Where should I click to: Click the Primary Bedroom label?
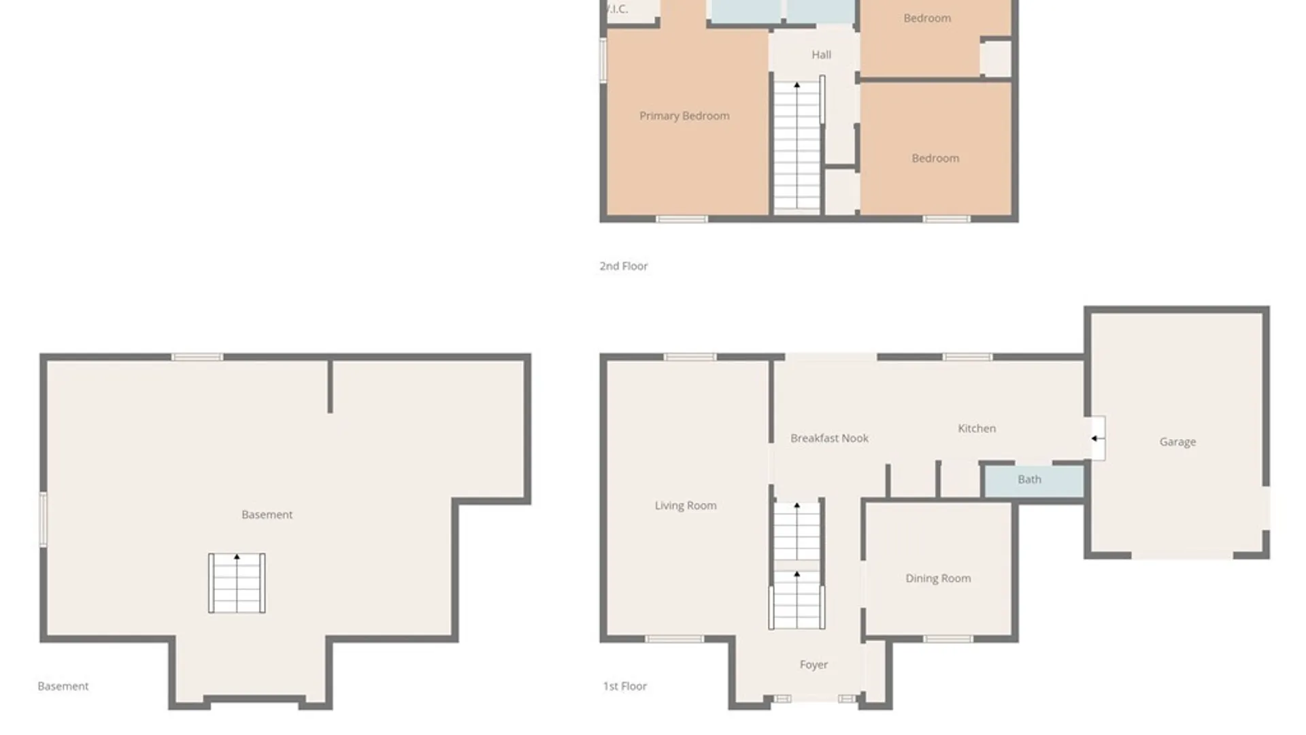(x=684, y=116)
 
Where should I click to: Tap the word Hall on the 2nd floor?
(x=821, y=54)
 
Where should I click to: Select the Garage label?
(x=1177, y=442)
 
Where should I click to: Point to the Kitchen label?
(x=977, y=428)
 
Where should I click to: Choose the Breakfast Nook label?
(x=829, y=438)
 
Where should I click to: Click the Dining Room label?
(x=938, y=578)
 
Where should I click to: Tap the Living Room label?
(x=686, y=506)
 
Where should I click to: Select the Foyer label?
(x=814, y=665)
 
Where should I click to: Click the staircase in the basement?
(x=237, y=583)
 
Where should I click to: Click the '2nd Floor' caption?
(x=623, y=266)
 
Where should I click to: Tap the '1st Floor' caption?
(x=624, y=686)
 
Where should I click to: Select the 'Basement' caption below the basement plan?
(x=63, y=686)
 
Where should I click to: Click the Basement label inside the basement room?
(x=267, y=514)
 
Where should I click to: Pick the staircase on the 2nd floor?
(x=797, y=146)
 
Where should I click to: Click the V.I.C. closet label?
(x=617, y=9)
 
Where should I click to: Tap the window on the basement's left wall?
(x=44, y=519)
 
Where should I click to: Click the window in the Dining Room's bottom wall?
(x=948, y=639)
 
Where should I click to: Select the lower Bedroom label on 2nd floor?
(x=935, y=159)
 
